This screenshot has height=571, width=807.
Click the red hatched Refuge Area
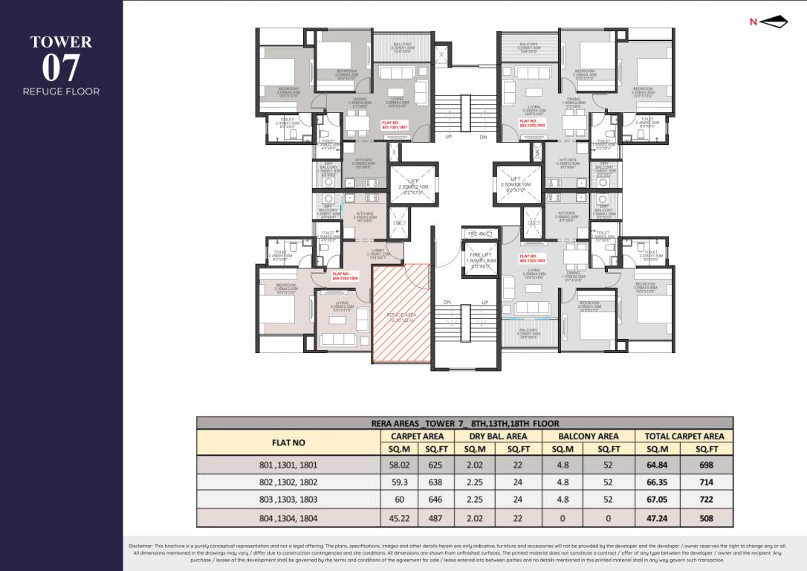401,312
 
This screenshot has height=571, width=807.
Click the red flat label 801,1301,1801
395,125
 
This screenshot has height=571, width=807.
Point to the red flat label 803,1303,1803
533,259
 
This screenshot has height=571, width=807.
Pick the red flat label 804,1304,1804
344,275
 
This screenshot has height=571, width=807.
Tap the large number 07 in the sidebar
61,69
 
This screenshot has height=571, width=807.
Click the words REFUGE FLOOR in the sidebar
61,91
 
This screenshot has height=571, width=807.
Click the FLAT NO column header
288,442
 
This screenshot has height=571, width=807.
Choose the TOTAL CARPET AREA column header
684,436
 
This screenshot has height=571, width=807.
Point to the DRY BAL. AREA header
498,436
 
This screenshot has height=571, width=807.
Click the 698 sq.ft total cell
707,465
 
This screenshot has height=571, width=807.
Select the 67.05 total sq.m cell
659,500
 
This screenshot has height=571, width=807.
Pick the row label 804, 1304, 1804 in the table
288,517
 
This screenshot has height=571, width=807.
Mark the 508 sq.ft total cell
707,517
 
